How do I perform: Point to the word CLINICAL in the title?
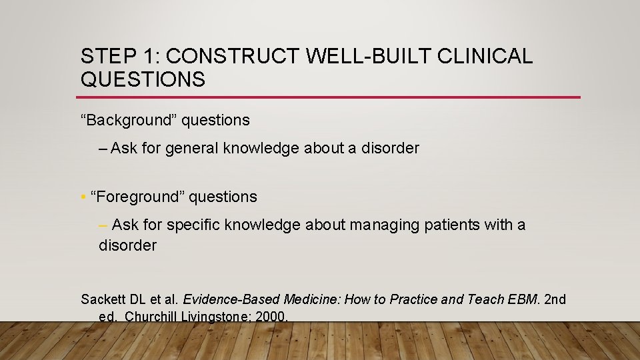[x=485, y=57]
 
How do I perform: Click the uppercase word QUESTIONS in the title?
[x=143, y=80]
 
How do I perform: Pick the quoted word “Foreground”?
[x=137, y=197]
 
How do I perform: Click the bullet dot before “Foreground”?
[x=83, y=197]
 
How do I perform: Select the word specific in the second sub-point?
[x=193, y=225]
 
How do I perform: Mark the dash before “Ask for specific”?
[x=103, y=225]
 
